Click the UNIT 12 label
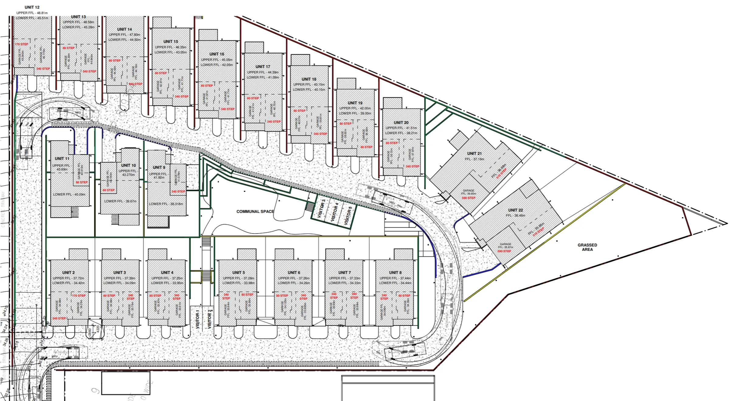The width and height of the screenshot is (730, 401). tap(32, 7)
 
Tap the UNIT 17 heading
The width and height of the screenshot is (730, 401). tap(263, 67)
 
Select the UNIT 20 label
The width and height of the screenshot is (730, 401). tap(401, 123)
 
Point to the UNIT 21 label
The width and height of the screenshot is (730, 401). tap(474, 154)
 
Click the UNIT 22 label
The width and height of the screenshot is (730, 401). tap(516, 210)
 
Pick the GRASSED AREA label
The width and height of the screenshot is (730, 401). tap(587, 247)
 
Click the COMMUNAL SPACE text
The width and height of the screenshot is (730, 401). tap(255, 212)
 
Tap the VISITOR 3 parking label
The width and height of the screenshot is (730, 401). tap(321, 209)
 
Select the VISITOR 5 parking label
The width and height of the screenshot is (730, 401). tap(348, 216)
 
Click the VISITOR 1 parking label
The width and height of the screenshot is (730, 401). tap(197, 319)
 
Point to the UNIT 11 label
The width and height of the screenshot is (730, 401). tap(62, 159)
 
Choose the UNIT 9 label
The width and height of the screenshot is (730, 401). tap(159, 167)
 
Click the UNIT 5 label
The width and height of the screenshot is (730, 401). tap(238, 273)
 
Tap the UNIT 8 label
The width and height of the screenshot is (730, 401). tap(395, 273)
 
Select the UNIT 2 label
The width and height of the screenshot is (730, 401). tap(68, 273)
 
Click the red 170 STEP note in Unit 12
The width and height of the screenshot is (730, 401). tap(21, 44)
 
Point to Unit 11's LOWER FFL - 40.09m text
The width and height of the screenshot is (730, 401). tap(69, 195)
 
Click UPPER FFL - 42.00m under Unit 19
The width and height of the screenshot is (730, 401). tap(355, 108)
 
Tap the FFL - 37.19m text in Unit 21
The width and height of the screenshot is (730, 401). tap(474, 159)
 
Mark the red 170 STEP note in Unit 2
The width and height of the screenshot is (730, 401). tap(79, 296)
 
